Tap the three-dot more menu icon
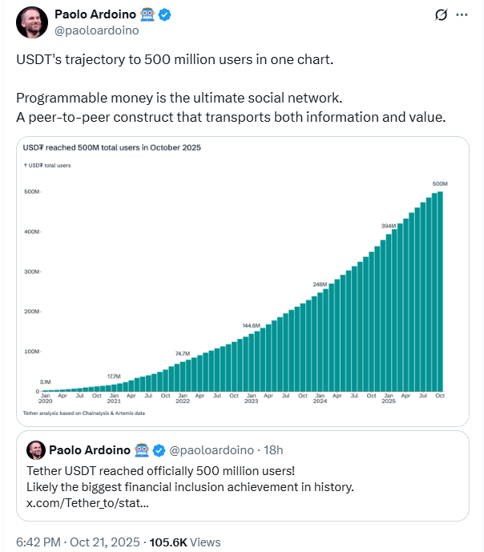(462, 14)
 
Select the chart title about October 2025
(111, 147)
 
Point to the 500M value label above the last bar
(439, 183)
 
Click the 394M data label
(388, 226)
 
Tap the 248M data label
(320, 284)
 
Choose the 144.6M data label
(252, 325)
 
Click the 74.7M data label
(183, 353)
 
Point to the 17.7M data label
(114, 376)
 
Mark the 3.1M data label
(46, 381)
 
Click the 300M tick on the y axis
(32, 272)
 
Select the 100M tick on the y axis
(32, 352)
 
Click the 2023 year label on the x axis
(251, 401)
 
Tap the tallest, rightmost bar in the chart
(440, 292)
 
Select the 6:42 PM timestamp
(38, 542)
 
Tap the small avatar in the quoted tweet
(35, 449)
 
